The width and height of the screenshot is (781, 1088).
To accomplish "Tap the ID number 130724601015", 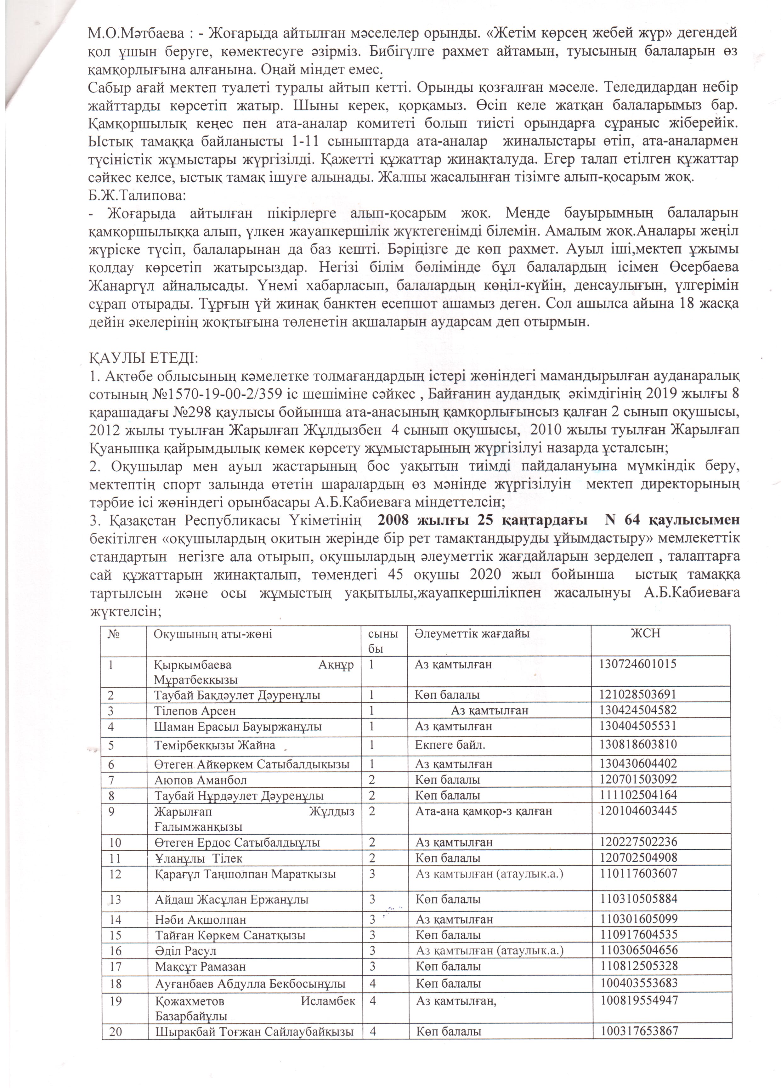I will pos(637,664).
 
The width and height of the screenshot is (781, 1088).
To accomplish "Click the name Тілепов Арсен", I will pos(195,711).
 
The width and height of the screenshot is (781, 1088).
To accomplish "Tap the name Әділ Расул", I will pos(185,951).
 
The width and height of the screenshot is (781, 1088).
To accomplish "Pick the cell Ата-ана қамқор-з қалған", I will pos(484,811).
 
